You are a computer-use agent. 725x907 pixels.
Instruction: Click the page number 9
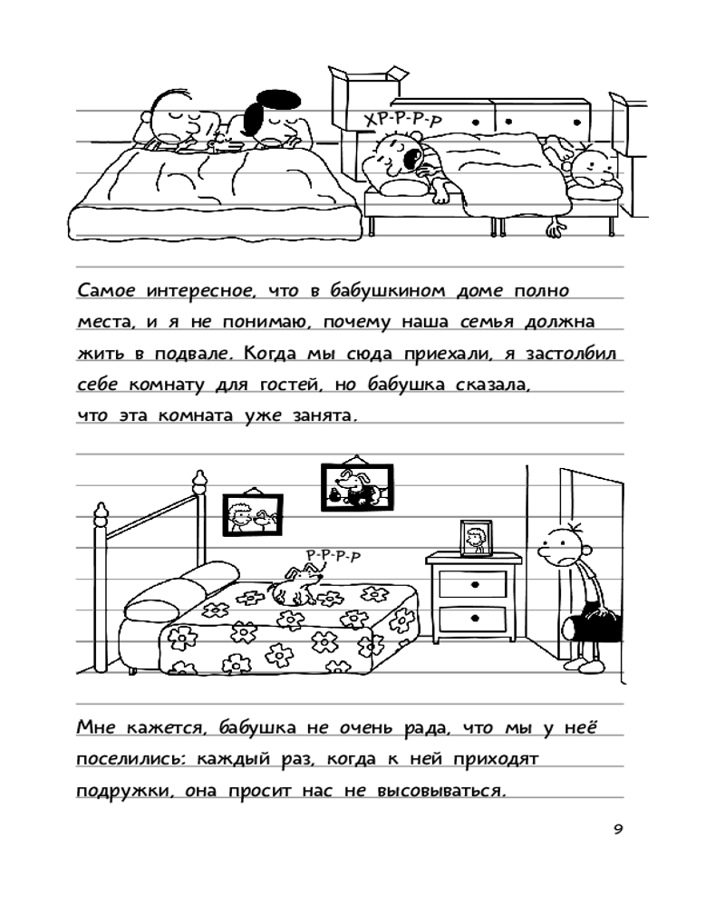(x=618, y=830)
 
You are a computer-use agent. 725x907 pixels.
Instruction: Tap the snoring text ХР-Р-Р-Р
(x=402, y=119)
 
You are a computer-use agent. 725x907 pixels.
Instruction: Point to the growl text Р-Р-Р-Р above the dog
(x=333, y=555)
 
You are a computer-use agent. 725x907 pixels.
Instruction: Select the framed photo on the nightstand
(x=477, y=538)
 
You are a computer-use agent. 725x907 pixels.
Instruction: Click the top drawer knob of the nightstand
(x=475, y=585)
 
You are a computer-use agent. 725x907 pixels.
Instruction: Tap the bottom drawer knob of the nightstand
(x=475, y=619)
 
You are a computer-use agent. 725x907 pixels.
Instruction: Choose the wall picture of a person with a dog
(x=253, y=514)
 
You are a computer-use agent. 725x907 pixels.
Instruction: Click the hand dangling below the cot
(x=554, y=228)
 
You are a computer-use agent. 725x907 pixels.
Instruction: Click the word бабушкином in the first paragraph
(x=387, y=290)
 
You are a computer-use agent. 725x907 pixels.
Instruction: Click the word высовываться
(x=440, y=790)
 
